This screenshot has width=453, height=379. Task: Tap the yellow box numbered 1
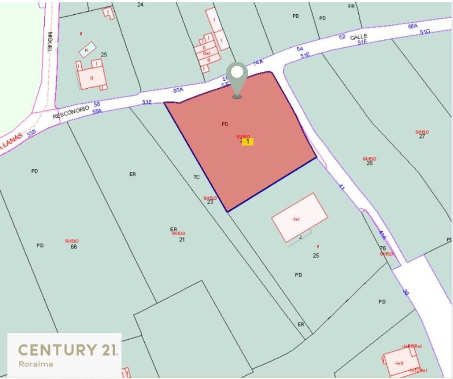point(248,142)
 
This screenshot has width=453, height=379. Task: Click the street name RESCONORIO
point(71,112)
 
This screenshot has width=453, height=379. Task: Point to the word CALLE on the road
point(358,37)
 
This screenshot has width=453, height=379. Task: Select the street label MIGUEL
point(50,42)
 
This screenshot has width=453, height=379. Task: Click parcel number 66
point(74,247)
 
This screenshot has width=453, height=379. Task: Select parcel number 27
point(422,137)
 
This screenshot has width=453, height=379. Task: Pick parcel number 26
point(369,163)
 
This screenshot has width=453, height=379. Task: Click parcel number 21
point(182,240)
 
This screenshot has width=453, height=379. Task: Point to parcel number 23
point(210,202)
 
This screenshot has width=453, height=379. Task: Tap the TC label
point(197,177)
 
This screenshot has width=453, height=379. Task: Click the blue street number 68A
point(413,26)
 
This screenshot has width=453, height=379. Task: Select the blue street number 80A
point(178,91)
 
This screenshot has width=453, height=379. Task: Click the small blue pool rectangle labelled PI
point(87,50)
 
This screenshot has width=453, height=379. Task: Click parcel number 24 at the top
point(141,5)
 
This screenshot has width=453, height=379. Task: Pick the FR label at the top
point(351,6)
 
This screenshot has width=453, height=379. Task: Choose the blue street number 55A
point(97,111)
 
